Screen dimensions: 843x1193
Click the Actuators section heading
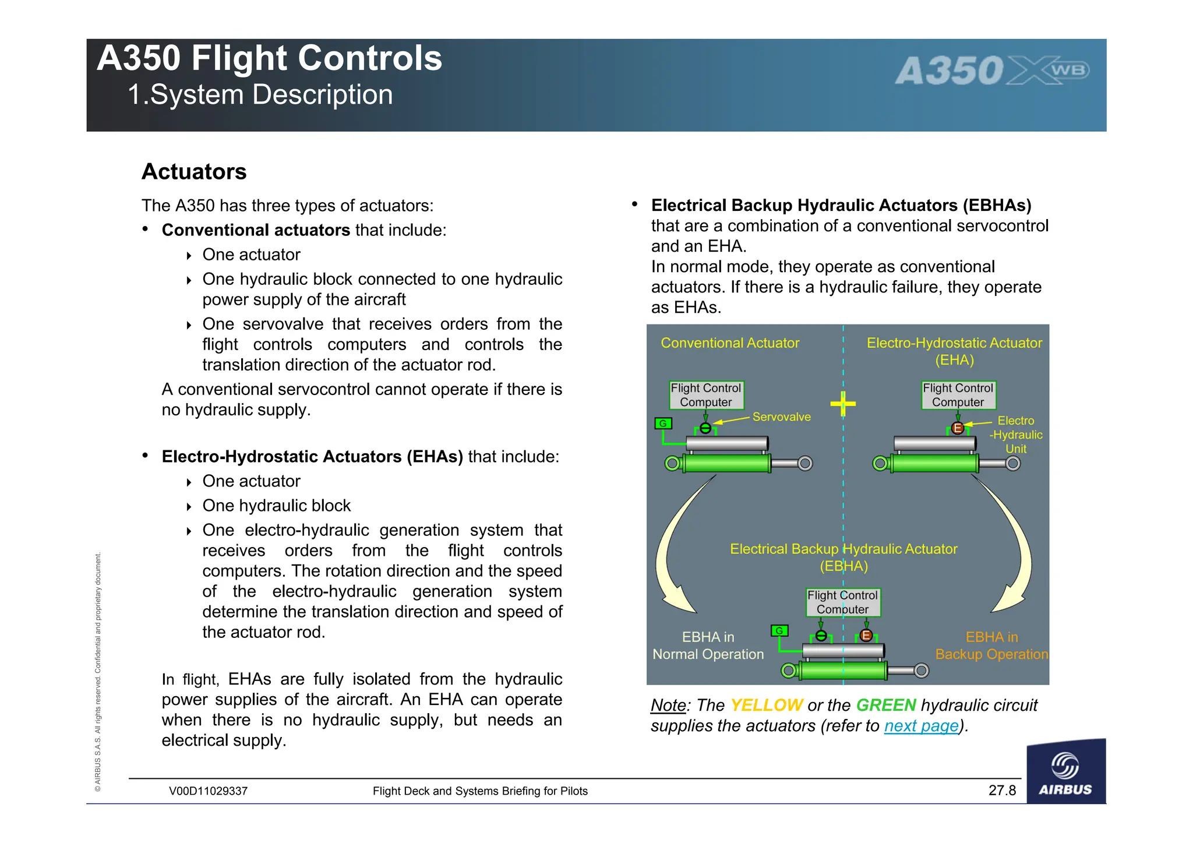coord(194,172)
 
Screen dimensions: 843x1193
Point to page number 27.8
coord(1002,791)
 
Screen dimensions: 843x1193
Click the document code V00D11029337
coord(208,791)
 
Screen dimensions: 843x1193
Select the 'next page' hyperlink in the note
coord(921,726)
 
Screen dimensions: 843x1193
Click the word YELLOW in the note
coord(766,706)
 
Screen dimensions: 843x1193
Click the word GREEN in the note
coord(886,706)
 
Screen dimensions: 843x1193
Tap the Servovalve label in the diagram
coord(781,417)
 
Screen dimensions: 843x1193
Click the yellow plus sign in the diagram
coord(843,403)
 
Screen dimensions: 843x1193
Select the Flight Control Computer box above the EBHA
coord(842,602)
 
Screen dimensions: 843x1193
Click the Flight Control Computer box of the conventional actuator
coord(705,395)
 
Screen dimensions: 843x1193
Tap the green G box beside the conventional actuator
coord(663,424)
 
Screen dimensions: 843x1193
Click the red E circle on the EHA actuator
coord(958,429)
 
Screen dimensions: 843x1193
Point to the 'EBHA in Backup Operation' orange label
coord(991,646)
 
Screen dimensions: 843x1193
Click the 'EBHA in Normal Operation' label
coord(708,646)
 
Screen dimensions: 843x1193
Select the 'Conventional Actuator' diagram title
coord(730,343)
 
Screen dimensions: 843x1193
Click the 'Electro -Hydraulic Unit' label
coord(1016,435)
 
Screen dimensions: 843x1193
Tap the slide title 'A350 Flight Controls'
coord(269,58)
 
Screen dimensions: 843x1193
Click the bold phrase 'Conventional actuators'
coord(256,230)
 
